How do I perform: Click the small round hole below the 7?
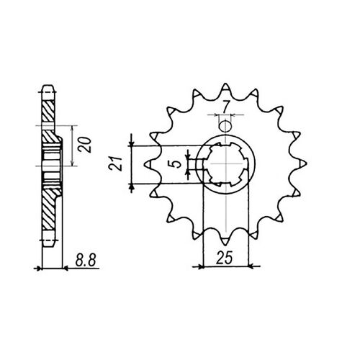click(x=225, y=126)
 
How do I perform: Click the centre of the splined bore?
click(x=225, y=162)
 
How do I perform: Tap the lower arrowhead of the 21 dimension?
click(x=132, y=186)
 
